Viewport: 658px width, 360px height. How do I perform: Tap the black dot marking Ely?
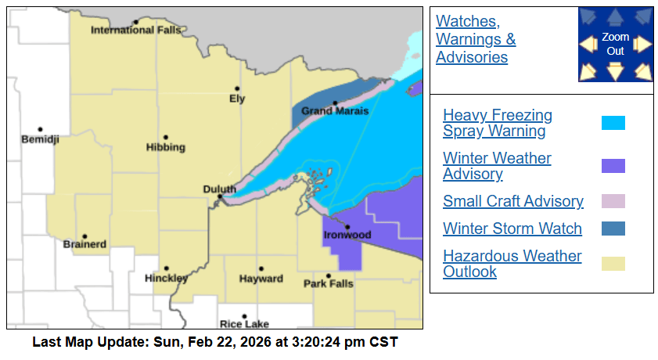[237, 88]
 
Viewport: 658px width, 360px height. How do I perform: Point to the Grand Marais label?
[335, 111]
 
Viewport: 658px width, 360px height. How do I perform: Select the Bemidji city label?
[40, 139]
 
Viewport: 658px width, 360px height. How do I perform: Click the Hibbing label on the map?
[165, 147]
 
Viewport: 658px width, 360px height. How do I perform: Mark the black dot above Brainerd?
[84, 236]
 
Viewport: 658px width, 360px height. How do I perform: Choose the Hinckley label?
[166, 278]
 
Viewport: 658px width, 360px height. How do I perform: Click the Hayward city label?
[261, 279]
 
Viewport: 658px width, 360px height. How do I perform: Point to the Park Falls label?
[328, 283]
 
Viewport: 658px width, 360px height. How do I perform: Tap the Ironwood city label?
[347, 235]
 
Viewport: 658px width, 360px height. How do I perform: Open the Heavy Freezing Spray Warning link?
[497, 123]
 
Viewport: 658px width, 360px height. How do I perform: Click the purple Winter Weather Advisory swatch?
[613, 166]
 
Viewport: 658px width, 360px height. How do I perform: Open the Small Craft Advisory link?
[512, 201]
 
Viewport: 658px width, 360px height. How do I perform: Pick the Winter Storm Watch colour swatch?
[613, 229]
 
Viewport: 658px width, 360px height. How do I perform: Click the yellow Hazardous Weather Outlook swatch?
[613, 264]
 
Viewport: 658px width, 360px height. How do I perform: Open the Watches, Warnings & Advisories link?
[476, 39]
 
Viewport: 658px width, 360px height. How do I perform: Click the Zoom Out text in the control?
[616, 45]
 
